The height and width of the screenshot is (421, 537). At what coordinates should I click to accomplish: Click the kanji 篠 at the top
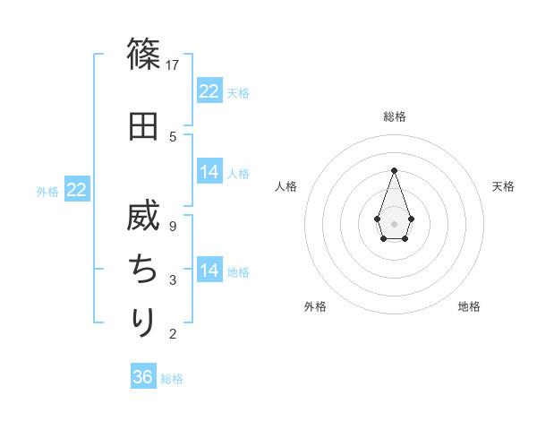click(x=143, y=55)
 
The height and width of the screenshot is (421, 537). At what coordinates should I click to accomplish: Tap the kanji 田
click(x=143, y=125)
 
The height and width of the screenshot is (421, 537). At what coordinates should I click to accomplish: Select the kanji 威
click(x=143, y=219)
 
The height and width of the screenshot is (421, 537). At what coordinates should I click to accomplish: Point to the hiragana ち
click(x=143, y=268)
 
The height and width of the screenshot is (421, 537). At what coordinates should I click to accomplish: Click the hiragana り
click(x=143, y=321)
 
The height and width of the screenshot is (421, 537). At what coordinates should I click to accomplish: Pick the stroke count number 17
click(x=174, y=65)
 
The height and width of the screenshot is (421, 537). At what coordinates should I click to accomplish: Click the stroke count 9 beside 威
click(x=173, y=227)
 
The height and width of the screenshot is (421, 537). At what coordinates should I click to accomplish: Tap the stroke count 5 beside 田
click(x=173, y=136)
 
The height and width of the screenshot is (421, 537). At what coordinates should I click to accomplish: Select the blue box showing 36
click(x=143, y=377)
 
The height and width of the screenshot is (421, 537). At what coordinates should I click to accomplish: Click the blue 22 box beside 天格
click(x=209, y=91)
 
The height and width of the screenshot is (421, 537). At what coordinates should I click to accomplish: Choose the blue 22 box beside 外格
click(x=77, y=190)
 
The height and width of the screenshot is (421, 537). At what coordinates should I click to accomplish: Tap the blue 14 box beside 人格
click(x=209, y=172)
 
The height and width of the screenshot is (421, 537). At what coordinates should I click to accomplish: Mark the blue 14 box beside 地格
click(x=209, y=271)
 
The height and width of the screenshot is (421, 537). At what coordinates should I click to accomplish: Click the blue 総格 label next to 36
click(x=172, y=379)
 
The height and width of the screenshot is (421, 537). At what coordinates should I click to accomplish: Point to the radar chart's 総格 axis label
click(x=394, y=116)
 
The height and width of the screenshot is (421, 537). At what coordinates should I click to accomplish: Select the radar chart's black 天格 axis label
click(x=503, y=186)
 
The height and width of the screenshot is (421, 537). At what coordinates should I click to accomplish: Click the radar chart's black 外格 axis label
click(x=315, y=306)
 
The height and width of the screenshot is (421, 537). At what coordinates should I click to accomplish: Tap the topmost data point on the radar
click(x=394, y=170)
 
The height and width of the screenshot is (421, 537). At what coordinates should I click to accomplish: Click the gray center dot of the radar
click(x=394, y=222)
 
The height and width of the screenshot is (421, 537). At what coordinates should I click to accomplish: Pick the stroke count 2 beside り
click(x=173, y=334)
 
